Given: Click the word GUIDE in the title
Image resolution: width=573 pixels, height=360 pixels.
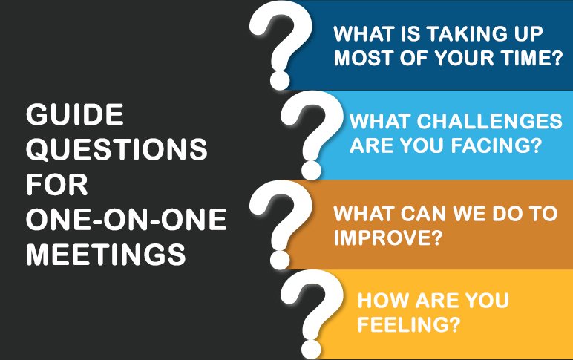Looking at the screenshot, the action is pos(74,114).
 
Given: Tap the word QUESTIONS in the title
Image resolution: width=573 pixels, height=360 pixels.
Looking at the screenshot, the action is pos(117,149).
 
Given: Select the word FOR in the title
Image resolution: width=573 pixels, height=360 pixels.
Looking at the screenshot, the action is pos(56,184).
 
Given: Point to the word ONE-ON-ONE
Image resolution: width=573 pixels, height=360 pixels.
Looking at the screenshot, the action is pos(126,219).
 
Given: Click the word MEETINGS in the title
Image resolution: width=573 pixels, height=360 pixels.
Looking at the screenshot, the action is pos(106,255).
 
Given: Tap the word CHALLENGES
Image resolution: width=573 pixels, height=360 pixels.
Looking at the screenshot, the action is pos(489,121).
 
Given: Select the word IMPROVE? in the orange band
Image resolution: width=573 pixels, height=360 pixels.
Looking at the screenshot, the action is pos(388,238).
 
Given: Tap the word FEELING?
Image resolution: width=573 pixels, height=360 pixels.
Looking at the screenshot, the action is pos(408,324).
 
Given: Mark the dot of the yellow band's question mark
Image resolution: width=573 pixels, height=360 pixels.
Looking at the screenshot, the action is pos(311,349).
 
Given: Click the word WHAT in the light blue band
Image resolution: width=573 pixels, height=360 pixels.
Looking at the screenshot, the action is pos(381,121).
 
